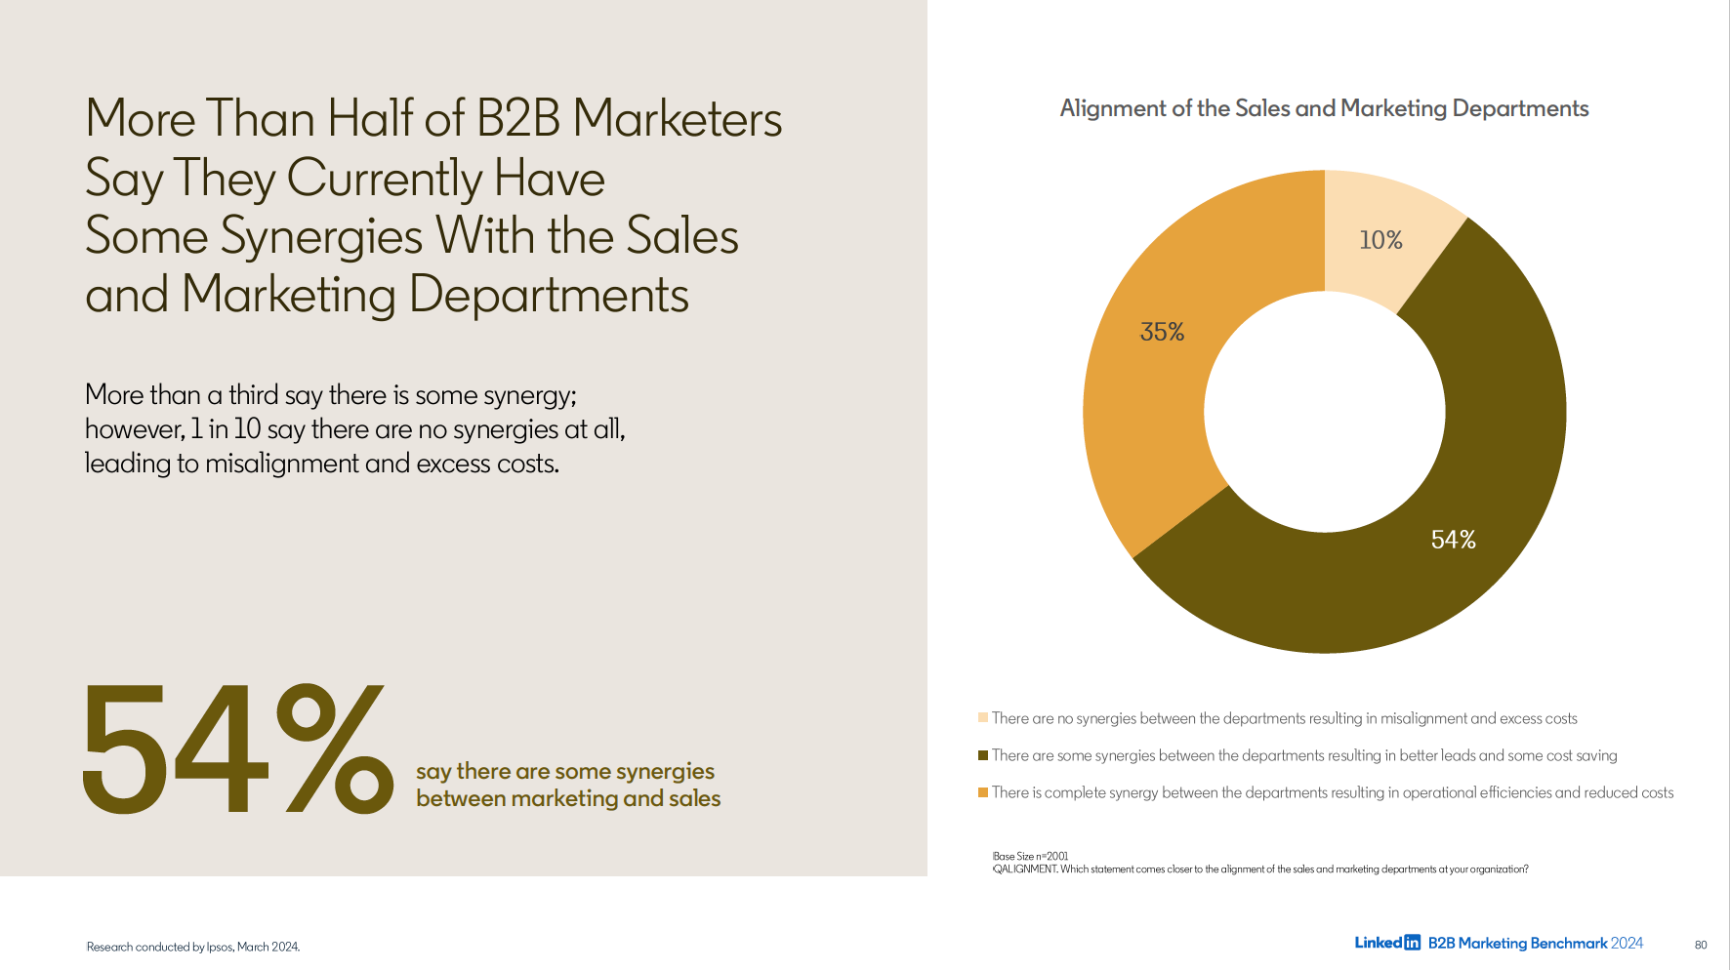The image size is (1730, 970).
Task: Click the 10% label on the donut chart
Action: (1380, 240)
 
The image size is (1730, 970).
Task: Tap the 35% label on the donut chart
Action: (1162, 332)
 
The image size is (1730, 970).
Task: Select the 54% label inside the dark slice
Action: (1453, 540)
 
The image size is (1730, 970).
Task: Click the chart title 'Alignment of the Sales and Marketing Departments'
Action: (1324, 108)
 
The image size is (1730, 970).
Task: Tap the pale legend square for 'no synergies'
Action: (983, 718)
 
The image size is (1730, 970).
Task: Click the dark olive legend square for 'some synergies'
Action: (983, 755)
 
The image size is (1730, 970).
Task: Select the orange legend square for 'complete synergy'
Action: (983, 792)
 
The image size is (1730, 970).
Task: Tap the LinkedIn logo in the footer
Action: (1386, 943)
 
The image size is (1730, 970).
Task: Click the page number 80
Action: (1701, 945)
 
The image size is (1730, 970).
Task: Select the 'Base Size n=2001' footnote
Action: (1030, 856)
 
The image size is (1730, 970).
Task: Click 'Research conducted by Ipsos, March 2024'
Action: (193, 947)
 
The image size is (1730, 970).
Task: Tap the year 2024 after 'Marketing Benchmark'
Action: (1627, 943)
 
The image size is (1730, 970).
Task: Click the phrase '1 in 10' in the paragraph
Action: (226, 429)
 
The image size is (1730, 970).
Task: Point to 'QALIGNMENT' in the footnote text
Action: (1025, 869)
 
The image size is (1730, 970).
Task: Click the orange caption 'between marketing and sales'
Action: (568, 798)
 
